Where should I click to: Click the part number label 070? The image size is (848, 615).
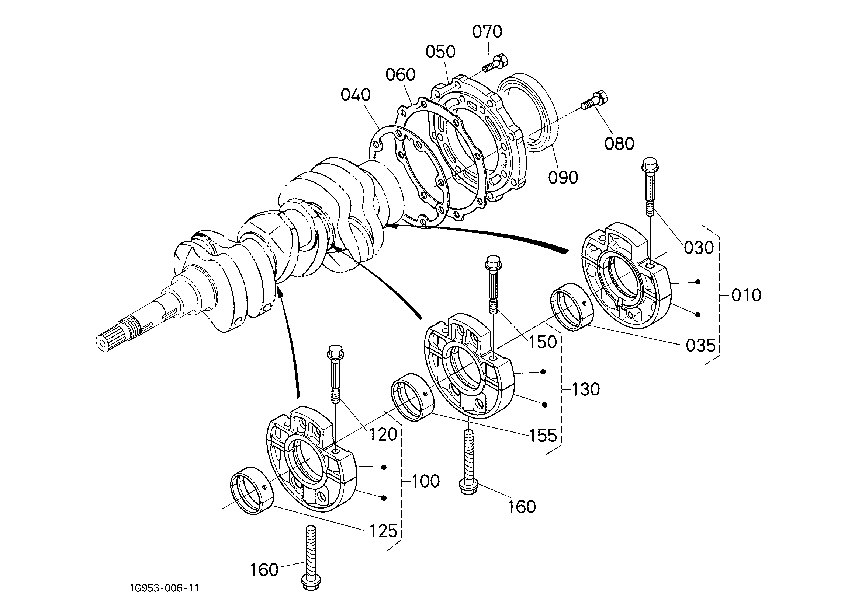tap(487, 32)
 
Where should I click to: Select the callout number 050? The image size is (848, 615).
tap(440, 52)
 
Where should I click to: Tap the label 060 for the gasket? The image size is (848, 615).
tap(401, 75)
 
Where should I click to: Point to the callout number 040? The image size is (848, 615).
tap(356, 95)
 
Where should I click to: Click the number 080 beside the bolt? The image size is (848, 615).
tap(620, 144)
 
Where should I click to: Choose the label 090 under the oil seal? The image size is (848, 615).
tap(563, 178)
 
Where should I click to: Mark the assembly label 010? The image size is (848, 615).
tap(746, 295)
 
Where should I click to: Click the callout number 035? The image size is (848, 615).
tap(701, 346)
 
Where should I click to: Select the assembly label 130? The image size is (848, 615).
tap(585, 389)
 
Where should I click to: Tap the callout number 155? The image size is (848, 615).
tap(543, 435)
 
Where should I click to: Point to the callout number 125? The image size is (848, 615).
tap(383, 531)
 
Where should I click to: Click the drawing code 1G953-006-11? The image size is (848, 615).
tap(165, 588)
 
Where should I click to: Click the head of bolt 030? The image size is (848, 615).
tap(650, 166)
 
